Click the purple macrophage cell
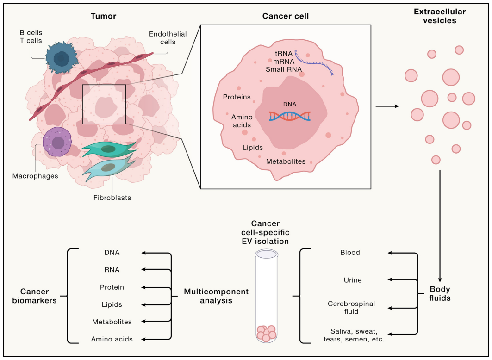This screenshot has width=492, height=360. pos(58,143)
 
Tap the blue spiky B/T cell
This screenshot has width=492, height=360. pos(61,59)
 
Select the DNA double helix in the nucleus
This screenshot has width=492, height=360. pos(289,115)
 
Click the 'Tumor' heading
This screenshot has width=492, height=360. pos(103,16)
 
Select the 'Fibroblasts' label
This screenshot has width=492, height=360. pos(112,198)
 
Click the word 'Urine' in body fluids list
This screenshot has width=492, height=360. pos(352,280)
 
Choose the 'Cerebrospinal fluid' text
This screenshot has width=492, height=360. pos(351,308)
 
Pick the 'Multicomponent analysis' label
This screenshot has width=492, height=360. pos(216,296)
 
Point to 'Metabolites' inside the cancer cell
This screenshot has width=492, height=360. pos(286,161)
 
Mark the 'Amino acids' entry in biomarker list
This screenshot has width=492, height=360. pos(112,339)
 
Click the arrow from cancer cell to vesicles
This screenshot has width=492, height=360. pos(386,106)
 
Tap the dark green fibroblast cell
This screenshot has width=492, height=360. pos(109,149)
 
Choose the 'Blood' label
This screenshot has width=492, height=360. pos(350,253)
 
